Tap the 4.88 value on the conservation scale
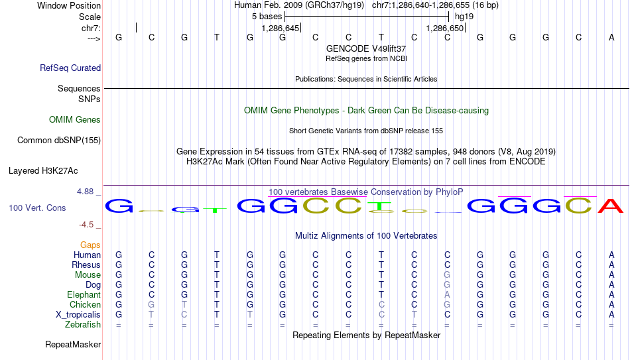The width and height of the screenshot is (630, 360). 85,192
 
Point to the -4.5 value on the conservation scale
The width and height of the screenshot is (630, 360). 86,225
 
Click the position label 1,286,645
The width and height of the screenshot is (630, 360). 280,28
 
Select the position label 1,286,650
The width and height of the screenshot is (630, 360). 445,28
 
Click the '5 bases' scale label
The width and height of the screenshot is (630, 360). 267,17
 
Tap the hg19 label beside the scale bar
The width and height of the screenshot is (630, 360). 464,17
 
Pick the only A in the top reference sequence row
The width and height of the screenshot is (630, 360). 611,37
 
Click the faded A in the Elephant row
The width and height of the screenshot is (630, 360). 447,294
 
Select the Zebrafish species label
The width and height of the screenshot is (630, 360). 83,324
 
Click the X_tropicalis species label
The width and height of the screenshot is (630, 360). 78,315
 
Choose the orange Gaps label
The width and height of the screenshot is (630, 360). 90,245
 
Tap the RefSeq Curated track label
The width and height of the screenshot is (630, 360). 70,68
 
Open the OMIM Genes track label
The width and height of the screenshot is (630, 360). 75,120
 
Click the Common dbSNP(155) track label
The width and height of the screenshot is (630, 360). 59,141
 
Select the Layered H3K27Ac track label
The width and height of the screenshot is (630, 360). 43,171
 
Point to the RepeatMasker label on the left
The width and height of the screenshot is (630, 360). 73,344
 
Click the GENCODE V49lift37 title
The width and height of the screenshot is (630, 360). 366,48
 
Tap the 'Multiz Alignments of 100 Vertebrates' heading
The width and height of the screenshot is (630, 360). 366,235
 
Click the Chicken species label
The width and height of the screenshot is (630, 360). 85,304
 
